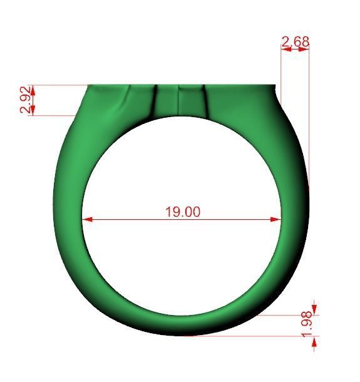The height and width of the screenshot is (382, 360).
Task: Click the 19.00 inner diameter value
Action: [183, 212]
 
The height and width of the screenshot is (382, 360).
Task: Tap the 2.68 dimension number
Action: [296, 42]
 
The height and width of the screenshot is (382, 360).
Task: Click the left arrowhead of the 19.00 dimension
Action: [88, 219]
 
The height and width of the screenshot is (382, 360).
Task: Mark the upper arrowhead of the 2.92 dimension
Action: [33, 90]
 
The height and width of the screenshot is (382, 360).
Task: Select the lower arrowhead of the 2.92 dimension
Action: [33, 110]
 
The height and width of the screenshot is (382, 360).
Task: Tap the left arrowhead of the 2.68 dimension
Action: [285, 50]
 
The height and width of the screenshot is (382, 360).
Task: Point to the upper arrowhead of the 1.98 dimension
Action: [314, 309]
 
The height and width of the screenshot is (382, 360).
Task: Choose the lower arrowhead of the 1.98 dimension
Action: [314, 341]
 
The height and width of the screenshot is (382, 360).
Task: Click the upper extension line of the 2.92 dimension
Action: [59, 85]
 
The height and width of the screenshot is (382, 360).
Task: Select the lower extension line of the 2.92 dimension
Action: [53, 115]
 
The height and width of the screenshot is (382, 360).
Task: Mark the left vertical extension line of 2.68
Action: [281, 69]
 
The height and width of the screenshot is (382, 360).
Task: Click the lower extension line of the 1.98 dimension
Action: [257, 336]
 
